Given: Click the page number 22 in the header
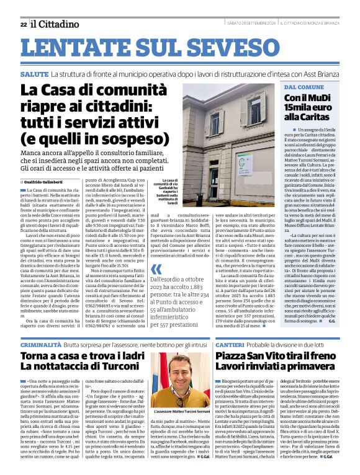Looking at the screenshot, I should [23, 24].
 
